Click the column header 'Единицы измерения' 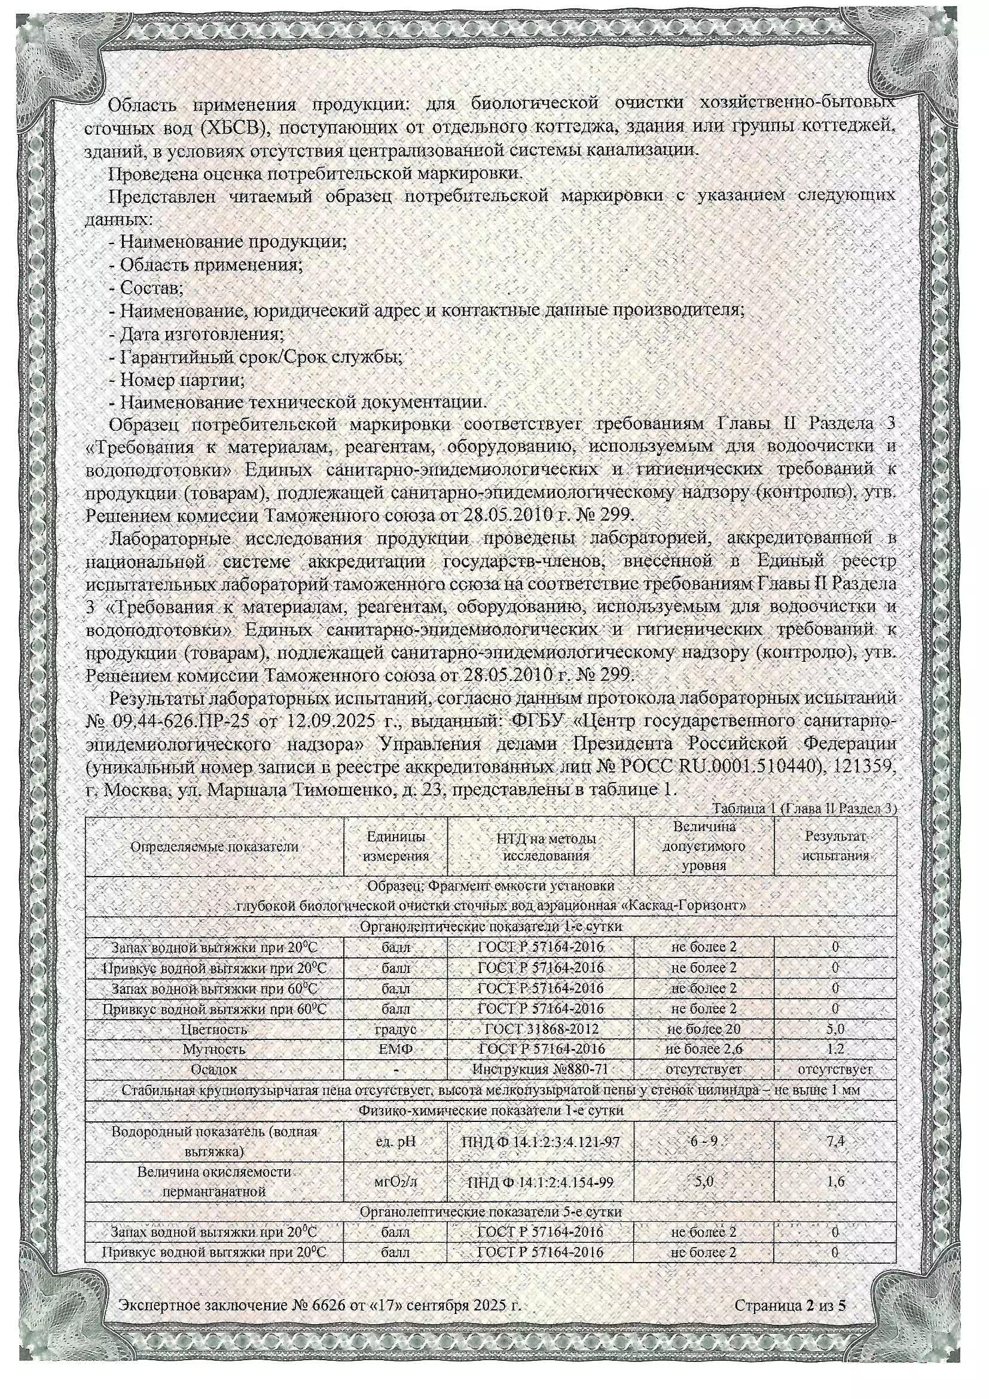pyautogui.click(x=396, y=846)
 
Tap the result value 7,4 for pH pyautogui.click(x=835, y=1141)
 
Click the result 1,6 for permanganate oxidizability pyautogui.click(x=835, y=1181)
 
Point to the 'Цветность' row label pyautogui.click(x=215, y=1029)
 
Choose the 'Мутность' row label pyautogui.click(x=215, y=1050)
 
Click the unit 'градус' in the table pyautogui.click(x=396, y=1029)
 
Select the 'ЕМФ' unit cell pyautogui.click(x=396, y=1050)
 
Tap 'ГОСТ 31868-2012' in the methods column pyautogui.click(x=541, y=1029)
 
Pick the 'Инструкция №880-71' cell pyautogui.click(x=541, y=1069)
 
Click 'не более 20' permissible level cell pyautogui.click(x=704, y=1029)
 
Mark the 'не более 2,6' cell pyautogui.click(x=704, y=1050)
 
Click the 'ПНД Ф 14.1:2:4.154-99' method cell pyautogui.click(x=541, y=1182)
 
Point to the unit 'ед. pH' pyautogui.click(x=396, y=1141)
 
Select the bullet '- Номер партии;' pyautogui.click(x=176, y=379)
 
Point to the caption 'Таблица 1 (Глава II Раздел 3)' pyautogui.click(x=804, y=808)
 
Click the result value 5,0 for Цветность pyautogui.click(x=835, y=1029)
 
